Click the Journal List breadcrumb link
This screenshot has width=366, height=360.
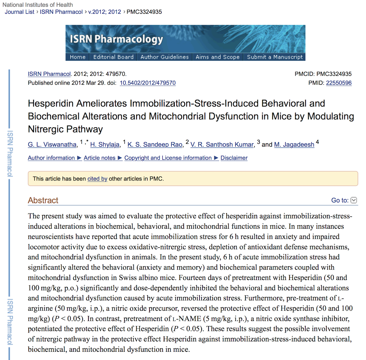pos(20,12)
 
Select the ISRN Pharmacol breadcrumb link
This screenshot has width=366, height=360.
pos(61,12)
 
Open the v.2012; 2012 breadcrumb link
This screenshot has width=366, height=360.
pos(105,12)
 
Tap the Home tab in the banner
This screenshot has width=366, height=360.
pos(77,57)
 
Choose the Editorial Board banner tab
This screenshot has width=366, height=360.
pos(113,57)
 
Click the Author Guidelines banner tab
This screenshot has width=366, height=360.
pos(164,57)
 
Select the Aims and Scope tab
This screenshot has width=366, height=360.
pos(217,57)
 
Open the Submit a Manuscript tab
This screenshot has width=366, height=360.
pos(274,57)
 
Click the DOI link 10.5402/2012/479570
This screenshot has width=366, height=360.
pos(148,83)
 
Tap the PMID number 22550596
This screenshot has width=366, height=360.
pos(339,83)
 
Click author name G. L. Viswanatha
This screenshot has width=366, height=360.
pos(52,144)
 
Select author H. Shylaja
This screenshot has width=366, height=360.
pos(105,144)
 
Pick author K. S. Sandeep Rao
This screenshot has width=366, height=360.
pos(155,144)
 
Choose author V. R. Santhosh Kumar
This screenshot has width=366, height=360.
pos(222,144)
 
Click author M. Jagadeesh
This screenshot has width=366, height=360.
pos(294,144)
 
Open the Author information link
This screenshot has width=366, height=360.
pos(51,158)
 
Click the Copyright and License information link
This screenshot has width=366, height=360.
pos(168,158)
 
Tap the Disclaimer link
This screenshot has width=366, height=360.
pos(234,158)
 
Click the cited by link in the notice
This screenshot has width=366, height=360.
pos(97,179)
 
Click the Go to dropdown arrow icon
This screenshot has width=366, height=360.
pos(354,200)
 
